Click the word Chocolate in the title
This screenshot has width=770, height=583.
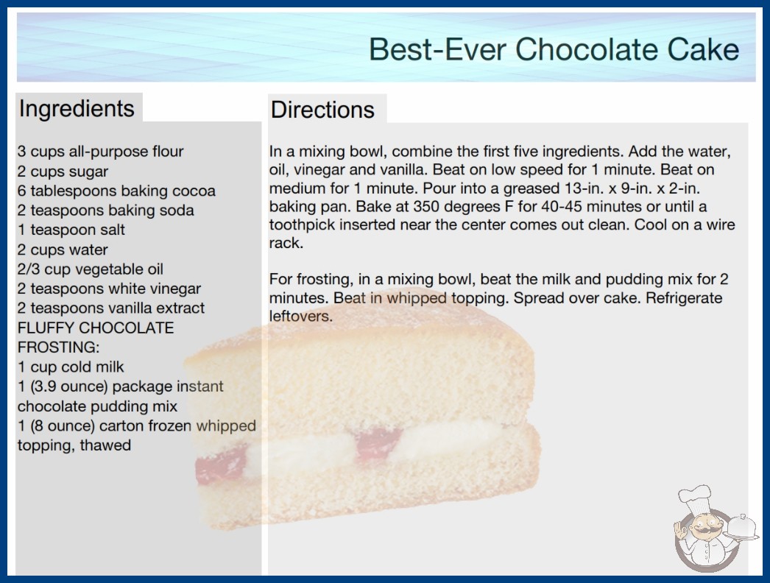coord(587,49)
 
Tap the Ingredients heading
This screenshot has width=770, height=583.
coord(77,109)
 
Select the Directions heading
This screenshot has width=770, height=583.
coord(322,110)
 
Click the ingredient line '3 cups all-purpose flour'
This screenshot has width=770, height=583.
coord(100,152)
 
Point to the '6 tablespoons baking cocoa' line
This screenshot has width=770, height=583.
coord(116,191)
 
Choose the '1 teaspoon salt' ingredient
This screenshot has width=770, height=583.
coord(71,230)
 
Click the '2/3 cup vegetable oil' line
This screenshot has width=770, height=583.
coord(91,269)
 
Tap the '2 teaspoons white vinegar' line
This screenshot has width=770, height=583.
coord(109,289)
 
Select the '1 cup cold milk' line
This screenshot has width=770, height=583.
coord(71,367)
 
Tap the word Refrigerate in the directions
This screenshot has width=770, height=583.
coord(684,298)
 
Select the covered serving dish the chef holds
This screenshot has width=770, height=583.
coord(741,527)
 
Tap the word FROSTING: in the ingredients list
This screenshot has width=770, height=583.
coord(58,347)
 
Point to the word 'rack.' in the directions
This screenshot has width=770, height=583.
coord(286,243)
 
